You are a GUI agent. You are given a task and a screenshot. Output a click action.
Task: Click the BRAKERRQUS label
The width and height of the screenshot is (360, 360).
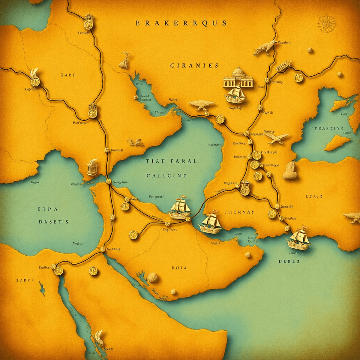pos(181,23)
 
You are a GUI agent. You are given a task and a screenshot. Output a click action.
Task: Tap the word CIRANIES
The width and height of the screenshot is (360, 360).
pos(194,65)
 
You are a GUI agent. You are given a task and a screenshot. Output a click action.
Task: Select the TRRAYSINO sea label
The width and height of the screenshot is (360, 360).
pos(327,128)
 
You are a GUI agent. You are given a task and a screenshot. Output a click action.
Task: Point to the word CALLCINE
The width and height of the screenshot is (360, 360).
pos(167,175)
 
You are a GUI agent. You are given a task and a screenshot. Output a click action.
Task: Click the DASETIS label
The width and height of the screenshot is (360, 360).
pos(54,222)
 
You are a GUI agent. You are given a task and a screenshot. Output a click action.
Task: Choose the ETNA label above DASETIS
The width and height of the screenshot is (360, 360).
pos(48,209)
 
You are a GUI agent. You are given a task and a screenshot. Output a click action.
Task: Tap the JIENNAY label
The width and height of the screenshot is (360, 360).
pos(239,212)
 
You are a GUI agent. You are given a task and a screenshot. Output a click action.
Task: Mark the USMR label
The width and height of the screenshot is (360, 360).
pos(314,196)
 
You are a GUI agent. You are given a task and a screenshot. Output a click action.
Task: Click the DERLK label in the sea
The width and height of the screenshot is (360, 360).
pos(289,261)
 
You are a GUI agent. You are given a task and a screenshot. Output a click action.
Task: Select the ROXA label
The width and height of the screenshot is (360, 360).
pos(179,268)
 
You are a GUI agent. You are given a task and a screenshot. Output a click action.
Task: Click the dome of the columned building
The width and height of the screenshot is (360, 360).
pos(238,71)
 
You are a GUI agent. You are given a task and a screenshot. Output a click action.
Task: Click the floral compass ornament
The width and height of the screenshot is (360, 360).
pos(326,23)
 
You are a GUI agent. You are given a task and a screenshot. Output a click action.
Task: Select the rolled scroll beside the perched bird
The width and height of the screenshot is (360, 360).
pos(283,66)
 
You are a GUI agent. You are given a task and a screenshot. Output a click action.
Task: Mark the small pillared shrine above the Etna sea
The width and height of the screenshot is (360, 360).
pos(92,168)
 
